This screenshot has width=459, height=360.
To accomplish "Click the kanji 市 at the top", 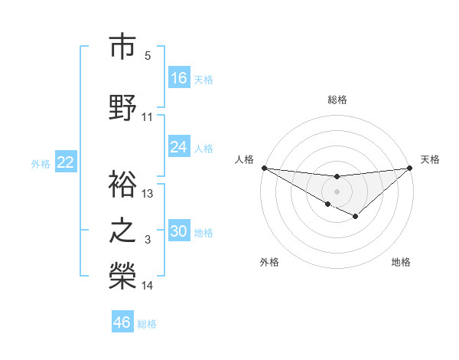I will (122, 47).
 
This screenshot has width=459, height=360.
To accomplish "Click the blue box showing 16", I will (179, 78).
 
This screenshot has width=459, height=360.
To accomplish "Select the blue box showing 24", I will (179, 147).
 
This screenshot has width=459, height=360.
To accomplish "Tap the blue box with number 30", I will (179, 231).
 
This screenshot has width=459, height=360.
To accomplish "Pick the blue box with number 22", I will (66, 162).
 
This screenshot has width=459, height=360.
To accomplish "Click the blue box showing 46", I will (122, 322).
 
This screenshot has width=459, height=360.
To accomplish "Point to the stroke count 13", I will (148, 194).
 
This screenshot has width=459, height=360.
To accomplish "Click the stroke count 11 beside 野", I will (148, 117).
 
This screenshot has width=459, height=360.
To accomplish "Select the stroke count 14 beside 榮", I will (148, 286).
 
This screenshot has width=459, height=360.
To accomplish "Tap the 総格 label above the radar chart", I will (337, 100).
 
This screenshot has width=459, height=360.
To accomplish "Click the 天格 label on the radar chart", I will (430, 159).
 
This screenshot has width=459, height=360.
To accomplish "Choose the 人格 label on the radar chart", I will (244, 159).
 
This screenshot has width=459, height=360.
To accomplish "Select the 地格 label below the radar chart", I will (401, 262).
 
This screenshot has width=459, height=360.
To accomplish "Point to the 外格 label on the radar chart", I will (269, 262).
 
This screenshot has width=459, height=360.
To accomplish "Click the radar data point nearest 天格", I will (410, 167).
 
